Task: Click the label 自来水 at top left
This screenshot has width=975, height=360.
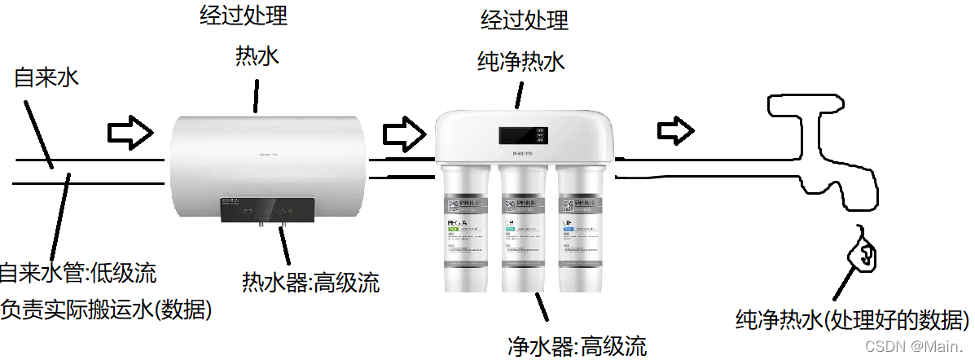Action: (x=46, y=78)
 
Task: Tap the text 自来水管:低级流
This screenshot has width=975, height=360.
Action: (x=77, y=272)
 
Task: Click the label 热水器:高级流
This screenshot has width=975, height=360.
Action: (x=310, y=283)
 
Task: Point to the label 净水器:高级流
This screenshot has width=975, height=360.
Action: (x=577, y=346)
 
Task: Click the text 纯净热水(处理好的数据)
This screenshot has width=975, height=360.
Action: (x=851, y=318)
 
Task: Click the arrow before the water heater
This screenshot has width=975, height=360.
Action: (x=130, y=130)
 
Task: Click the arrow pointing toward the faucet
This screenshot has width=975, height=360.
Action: (x=675, y=129)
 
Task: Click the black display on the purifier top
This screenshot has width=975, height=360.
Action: (x=522, y=134)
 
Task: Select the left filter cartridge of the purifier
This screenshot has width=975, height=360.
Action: (x=466, y=228)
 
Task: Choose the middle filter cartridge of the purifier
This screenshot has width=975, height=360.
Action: (x=523, y=228)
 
